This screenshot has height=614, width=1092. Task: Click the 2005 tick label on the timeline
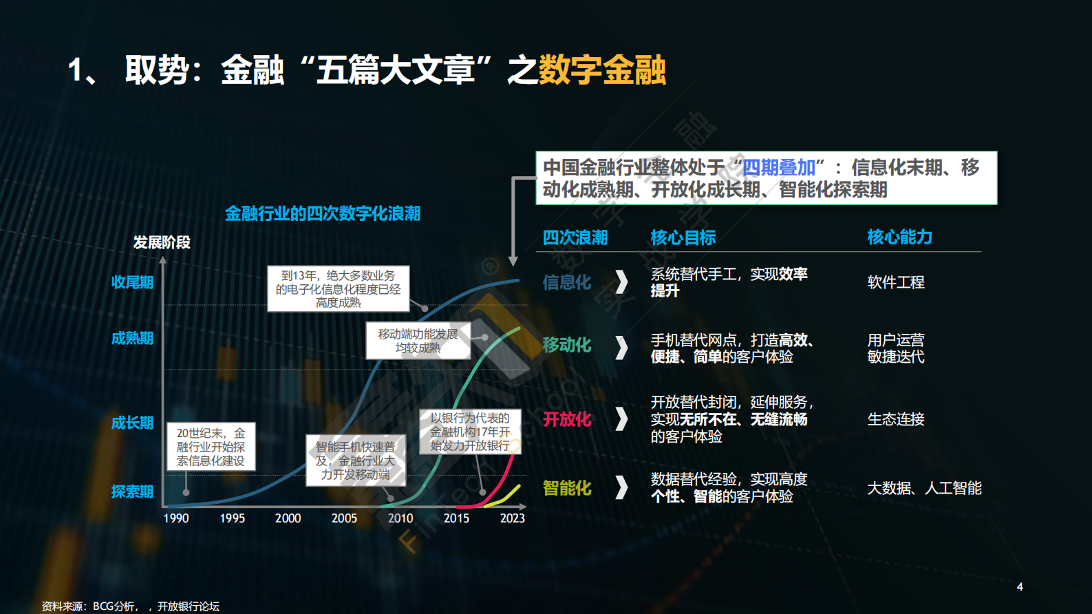344,518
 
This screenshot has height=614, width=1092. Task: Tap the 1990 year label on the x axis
176,518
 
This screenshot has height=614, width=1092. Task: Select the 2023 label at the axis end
512,518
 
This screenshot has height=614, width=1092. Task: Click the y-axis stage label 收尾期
132,282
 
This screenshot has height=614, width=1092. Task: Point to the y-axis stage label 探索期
132,491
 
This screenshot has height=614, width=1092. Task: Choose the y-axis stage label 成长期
132,423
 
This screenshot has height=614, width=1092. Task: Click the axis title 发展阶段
162,242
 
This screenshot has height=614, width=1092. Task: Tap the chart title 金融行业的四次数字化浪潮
323,213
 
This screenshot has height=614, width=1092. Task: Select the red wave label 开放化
567,419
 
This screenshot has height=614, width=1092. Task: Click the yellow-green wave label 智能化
567,488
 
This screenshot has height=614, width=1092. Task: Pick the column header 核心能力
899,237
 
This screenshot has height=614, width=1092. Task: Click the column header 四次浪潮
575,238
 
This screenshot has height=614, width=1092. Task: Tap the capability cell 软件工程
896,282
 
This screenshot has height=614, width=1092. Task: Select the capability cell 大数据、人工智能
924,488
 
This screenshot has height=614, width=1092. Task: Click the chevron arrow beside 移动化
621,348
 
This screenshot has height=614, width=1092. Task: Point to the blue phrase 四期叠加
778,167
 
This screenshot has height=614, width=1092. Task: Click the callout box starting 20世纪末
211,447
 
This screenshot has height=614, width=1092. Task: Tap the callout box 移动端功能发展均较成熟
418,341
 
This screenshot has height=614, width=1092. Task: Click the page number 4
1020,587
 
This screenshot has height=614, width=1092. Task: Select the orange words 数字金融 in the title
602,70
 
